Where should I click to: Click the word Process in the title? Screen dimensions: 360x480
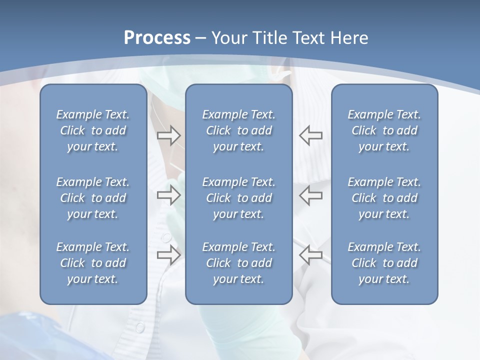[x=157, y=38]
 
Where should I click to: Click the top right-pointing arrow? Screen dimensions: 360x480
[x=169, y=135]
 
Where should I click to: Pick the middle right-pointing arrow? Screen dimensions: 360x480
[x=169, y=195]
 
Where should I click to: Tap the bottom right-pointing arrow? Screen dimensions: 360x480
[x=169, y=255]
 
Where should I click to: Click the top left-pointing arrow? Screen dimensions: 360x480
[x=310, y=135]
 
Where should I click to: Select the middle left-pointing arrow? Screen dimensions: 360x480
[x=310, y=195]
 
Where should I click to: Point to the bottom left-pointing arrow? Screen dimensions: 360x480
[x=310, y=255]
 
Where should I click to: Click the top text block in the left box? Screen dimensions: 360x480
[x=93, y=130]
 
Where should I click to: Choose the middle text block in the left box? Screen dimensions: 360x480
[x=93, y=198]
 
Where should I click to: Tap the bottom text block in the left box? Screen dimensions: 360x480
[x=93, y=263]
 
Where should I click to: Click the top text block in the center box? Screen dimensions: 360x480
[x=238, y=130]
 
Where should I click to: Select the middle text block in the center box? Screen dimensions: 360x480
[x=238, y=198]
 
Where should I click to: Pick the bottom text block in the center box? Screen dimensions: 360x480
[x=238, y=263]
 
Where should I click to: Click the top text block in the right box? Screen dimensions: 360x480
[x=384, y=130]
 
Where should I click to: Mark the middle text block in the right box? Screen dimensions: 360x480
[x=384, y=198]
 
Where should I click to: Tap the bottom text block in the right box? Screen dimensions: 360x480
[x=384, y=263]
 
